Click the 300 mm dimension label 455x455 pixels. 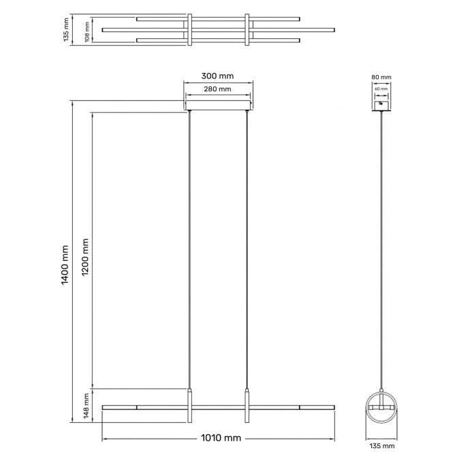tap(218, 77)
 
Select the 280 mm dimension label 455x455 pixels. tap(218, 89)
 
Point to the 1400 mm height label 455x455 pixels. tap(65, 266)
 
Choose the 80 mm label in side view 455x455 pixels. tap(382, 78)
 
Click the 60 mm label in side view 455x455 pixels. tap(382, 89)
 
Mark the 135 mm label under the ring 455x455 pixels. tap(382, 446)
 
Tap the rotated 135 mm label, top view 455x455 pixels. tap(66, 29)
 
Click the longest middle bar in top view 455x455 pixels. tap(218, 29)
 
